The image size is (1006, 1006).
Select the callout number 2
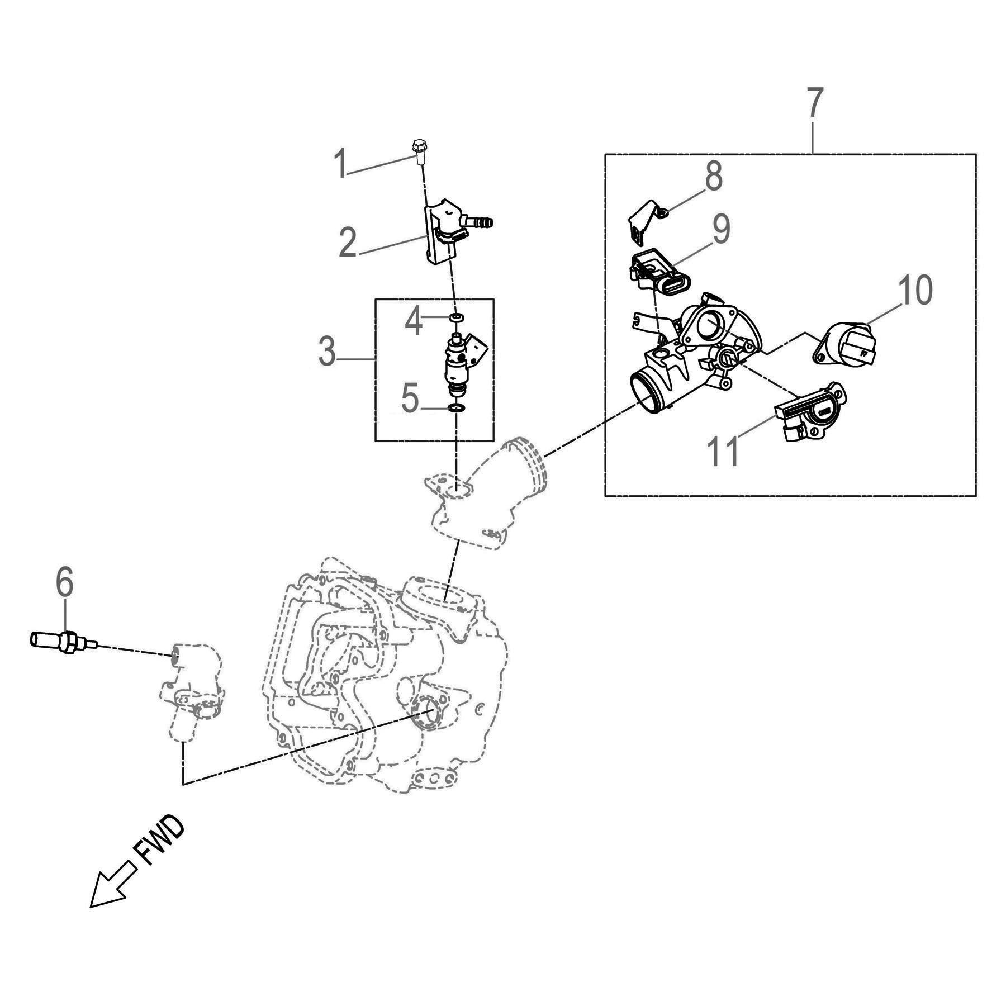pyautogui.click(x=348, y=243)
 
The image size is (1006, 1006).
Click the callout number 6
pyautogui.click(x=64, y=582)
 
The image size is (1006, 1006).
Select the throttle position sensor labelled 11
pyautogui.click(x=811, y=412)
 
